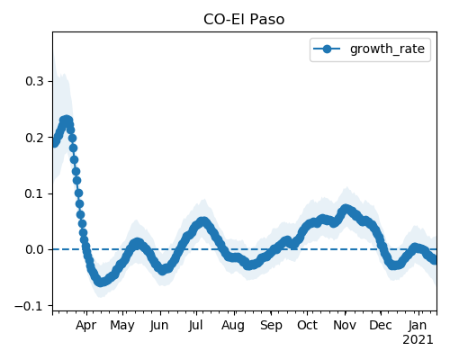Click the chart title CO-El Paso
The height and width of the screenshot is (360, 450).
click(244, 20)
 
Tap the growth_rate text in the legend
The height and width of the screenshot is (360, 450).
click(387, 49)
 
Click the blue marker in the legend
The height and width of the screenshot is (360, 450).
click(327, 49)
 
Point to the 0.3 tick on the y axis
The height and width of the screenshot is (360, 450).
click(34, 81)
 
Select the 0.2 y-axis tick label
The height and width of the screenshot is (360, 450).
click(34, 138)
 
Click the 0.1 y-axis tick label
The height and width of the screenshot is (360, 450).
click(34, 193)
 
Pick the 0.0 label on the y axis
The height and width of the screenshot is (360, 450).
click(34, 249)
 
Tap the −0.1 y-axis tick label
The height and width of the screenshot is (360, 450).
click(29, 306)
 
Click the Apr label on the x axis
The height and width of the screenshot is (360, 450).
click(86, 326)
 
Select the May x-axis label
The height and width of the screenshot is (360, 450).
click(122, 326)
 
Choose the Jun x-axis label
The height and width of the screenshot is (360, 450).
click(159, 326)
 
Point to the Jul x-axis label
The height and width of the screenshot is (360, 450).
click(196, 326)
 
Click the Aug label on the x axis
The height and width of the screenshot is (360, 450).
click(233, 326)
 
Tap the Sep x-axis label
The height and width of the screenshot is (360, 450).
click(271, 326)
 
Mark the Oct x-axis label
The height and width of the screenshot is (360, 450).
click(307, 326)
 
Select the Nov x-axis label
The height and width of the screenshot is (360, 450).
click(345, 326)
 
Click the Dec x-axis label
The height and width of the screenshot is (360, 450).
click(381, 326)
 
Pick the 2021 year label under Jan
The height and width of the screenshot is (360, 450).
click(418, 340)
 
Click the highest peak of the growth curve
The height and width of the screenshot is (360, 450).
click(67, 121)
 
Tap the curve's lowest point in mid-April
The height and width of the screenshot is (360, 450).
click(101, 283)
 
